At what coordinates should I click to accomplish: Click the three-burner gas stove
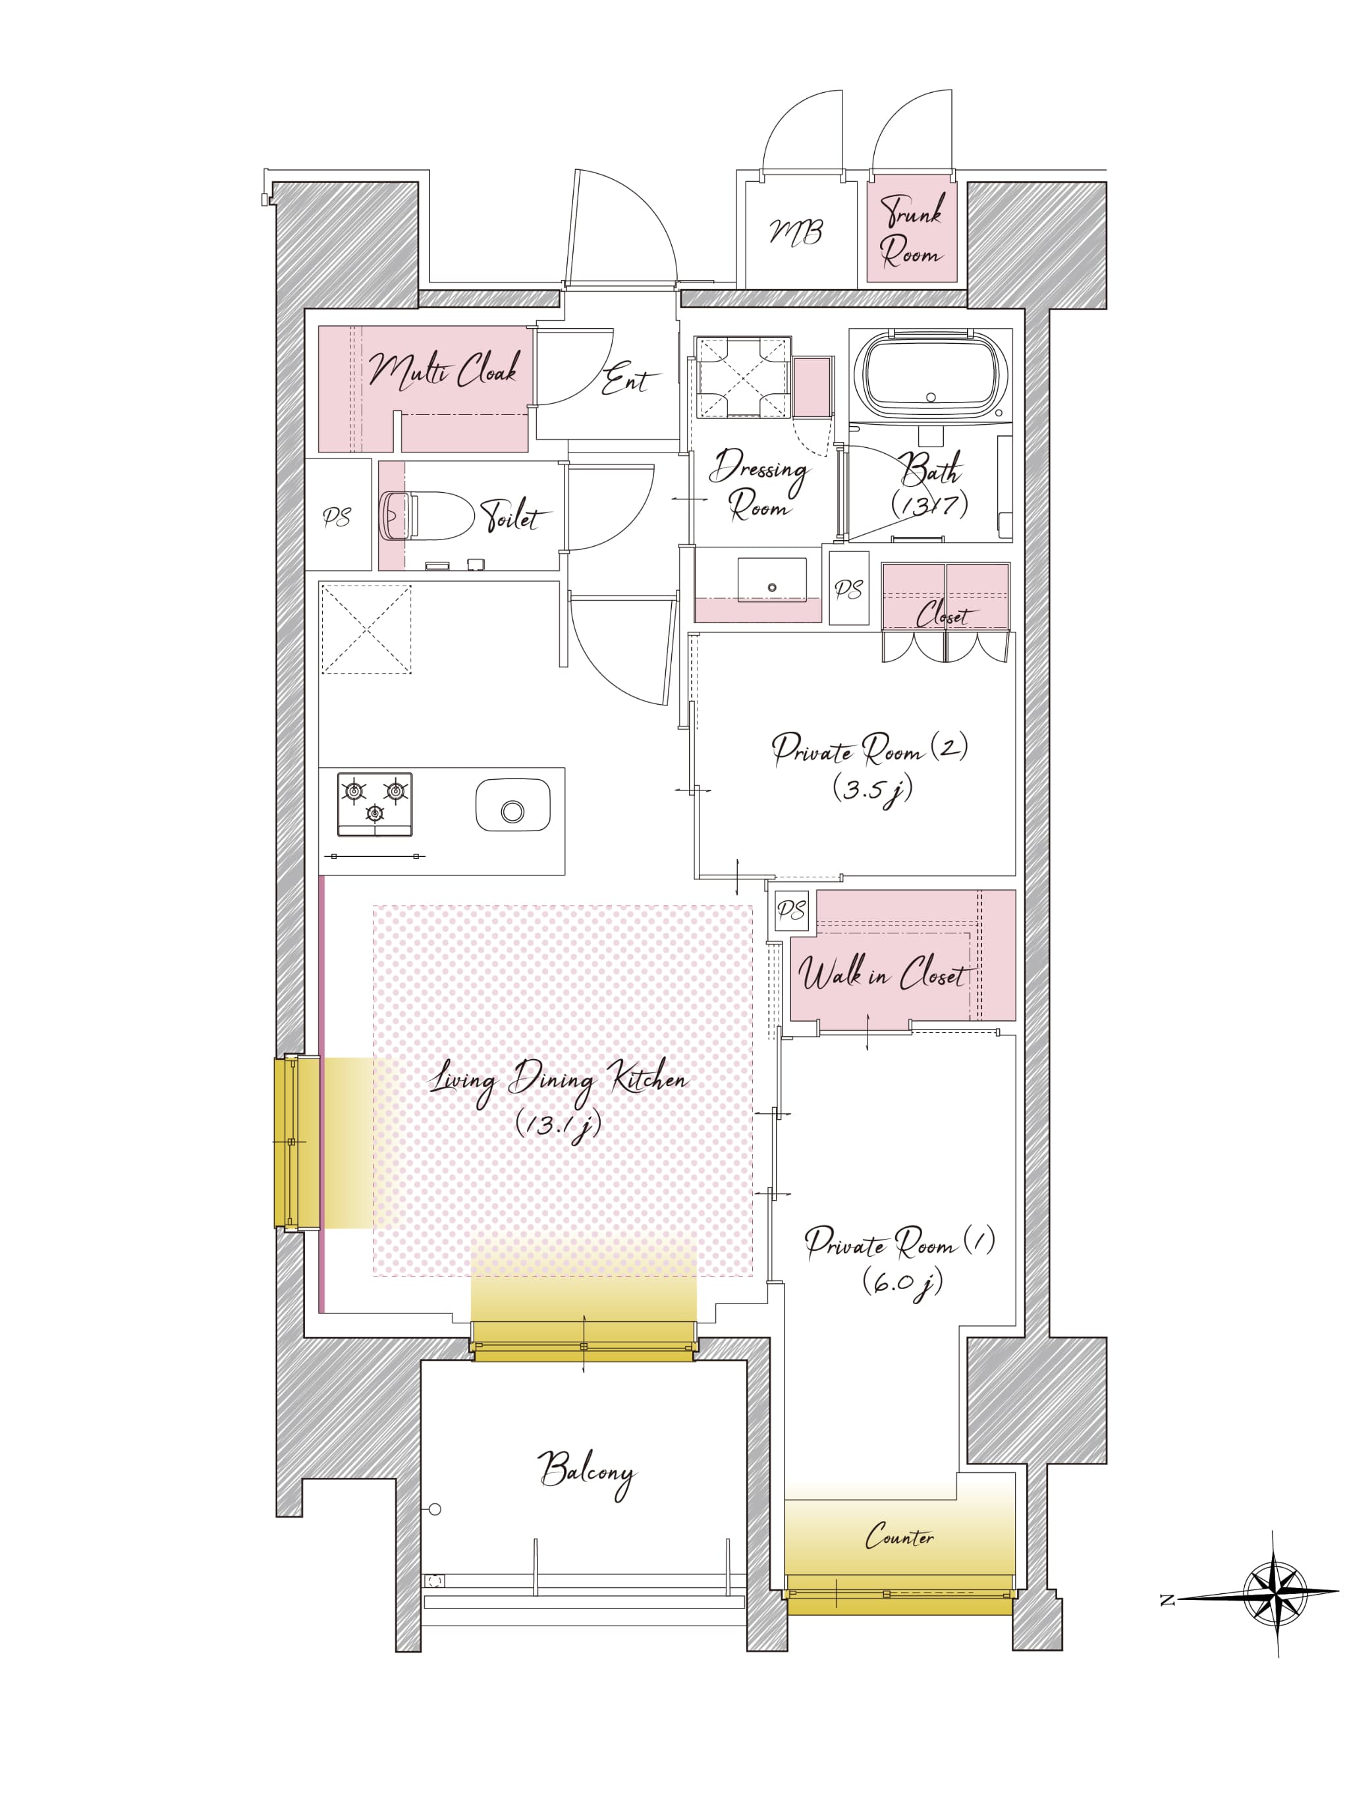coord(375,804)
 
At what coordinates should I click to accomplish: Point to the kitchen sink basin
coord(513,805)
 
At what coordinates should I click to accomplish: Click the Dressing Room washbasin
coord(772,580)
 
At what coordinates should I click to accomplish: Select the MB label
coord(796,233)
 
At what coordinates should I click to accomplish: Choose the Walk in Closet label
coord(883,974)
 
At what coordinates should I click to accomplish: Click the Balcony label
coord(586,1473)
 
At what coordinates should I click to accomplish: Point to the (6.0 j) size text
coord(902,1283)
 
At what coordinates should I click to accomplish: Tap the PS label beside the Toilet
coord(337,518)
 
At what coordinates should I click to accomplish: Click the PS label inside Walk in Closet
coord(791,910)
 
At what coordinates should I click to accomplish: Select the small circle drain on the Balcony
coord(435,1510)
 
